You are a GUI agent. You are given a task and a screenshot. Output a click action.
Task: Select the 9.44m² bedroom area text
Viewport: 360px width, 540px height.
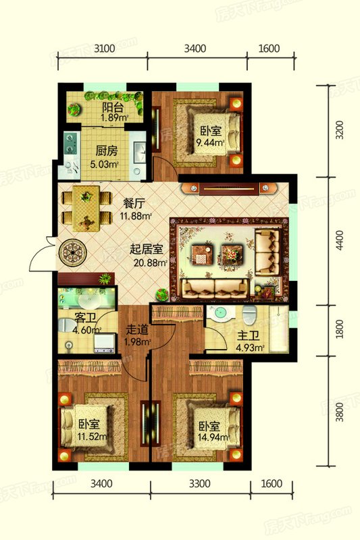pos(209,142)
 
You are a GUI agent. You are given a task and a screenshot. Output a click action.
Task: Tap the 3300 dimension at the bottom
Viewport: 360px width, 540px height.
pos(200,485)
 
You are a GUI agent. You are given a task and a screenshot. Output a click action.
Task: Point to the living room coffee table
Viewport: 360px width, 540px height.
pos(203,254)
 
